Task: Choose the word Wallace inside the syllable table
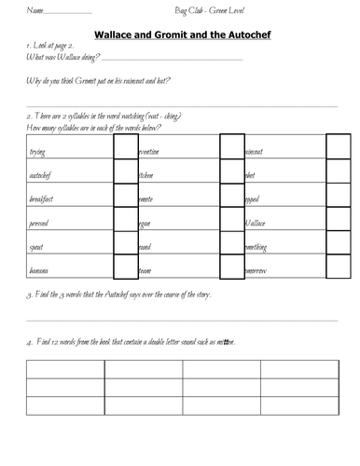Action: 256,223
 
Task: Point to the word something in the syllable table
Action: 259,246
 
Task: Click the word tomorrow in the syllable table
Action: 258,270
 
